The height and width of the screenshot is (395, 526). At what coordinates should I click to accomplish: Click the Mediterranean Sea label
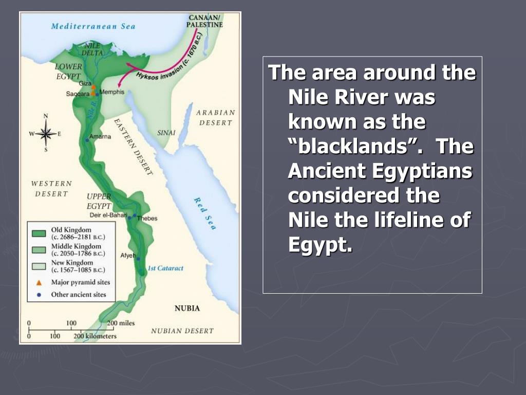[92, 26]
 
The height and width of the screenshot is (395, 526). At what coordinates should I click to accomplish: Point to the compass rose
[46, 133]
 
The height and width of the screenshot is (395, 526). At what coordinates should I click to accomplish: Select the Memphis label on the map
[112, 92]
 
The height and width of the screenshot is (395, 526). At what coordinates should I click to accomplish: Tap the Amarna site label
[100, 137]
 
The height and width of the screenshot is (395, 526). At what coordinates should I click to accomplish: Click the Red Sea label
[204, 213]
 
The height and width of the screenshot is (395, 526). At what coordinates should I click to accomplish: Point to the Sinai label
[166, 133]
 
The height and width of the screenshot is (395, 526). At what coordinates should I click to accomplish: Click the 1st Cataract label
[165, 268]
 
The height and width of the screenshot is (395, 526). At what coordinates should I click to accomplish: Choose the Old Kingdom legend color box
[39, 233]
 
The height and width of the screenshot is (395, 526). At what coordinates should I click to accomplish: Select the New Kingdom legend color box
[39, 266]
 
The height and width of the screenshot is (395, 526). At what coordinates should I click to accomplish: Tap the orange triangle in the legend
[39, 282]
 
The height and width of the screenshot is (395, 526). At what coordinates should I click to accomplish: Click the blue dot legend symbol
[39, 295]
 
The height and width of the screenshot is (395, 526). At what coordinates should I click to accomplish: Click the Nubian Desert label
[182, 331]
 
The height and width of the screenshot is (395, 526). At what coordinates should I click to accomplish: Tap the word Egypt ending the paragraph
[321, 245]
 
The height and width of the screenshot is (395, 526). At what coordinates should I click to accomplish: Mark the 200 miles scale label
[121, 323]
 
